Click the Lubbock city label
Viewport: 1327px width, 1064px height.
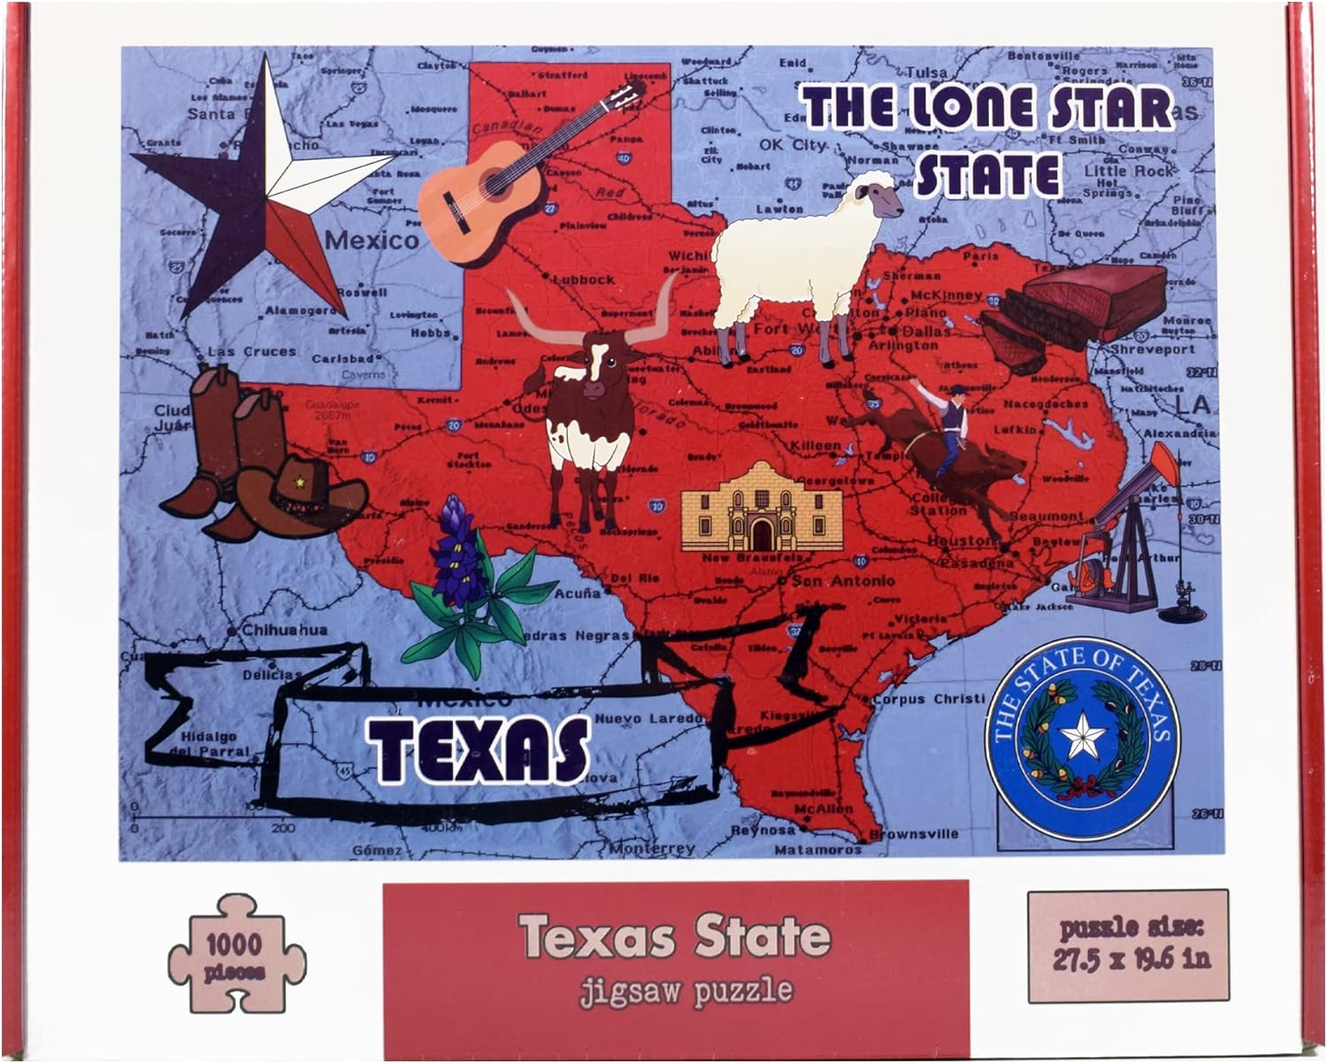pos(584,279)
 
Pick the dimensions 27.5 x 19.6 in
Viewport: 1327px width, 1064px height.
pos(1128,957)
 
